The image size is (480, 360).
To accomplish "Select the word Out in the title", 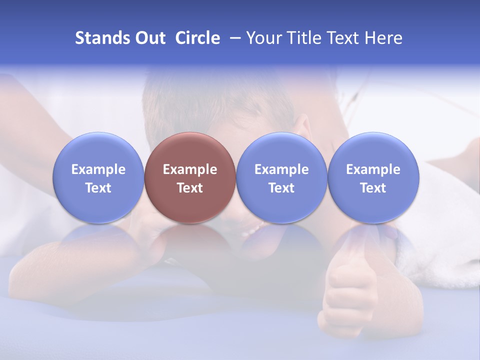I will point(149,38).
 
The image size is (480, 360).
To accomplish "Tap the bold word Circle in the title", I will point(197,38).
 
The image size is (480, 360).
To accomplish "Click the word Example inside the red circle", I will point(190,169).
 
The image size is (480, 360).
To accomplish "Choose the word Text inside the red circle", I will point(190,188).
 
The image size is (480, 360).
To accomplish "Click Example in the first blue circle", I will point(98,169).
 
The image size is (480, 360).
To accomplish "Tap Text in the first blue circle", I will point(98,188).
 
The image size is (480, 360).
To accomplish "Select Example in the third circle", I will point(281,169).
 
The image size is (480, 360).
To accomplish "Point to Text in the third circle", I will point(281,188).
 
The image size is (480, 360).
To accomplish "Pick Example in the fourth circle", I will point(373,169).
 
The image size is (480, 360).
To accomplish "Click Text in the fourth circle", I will point(373,188).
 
